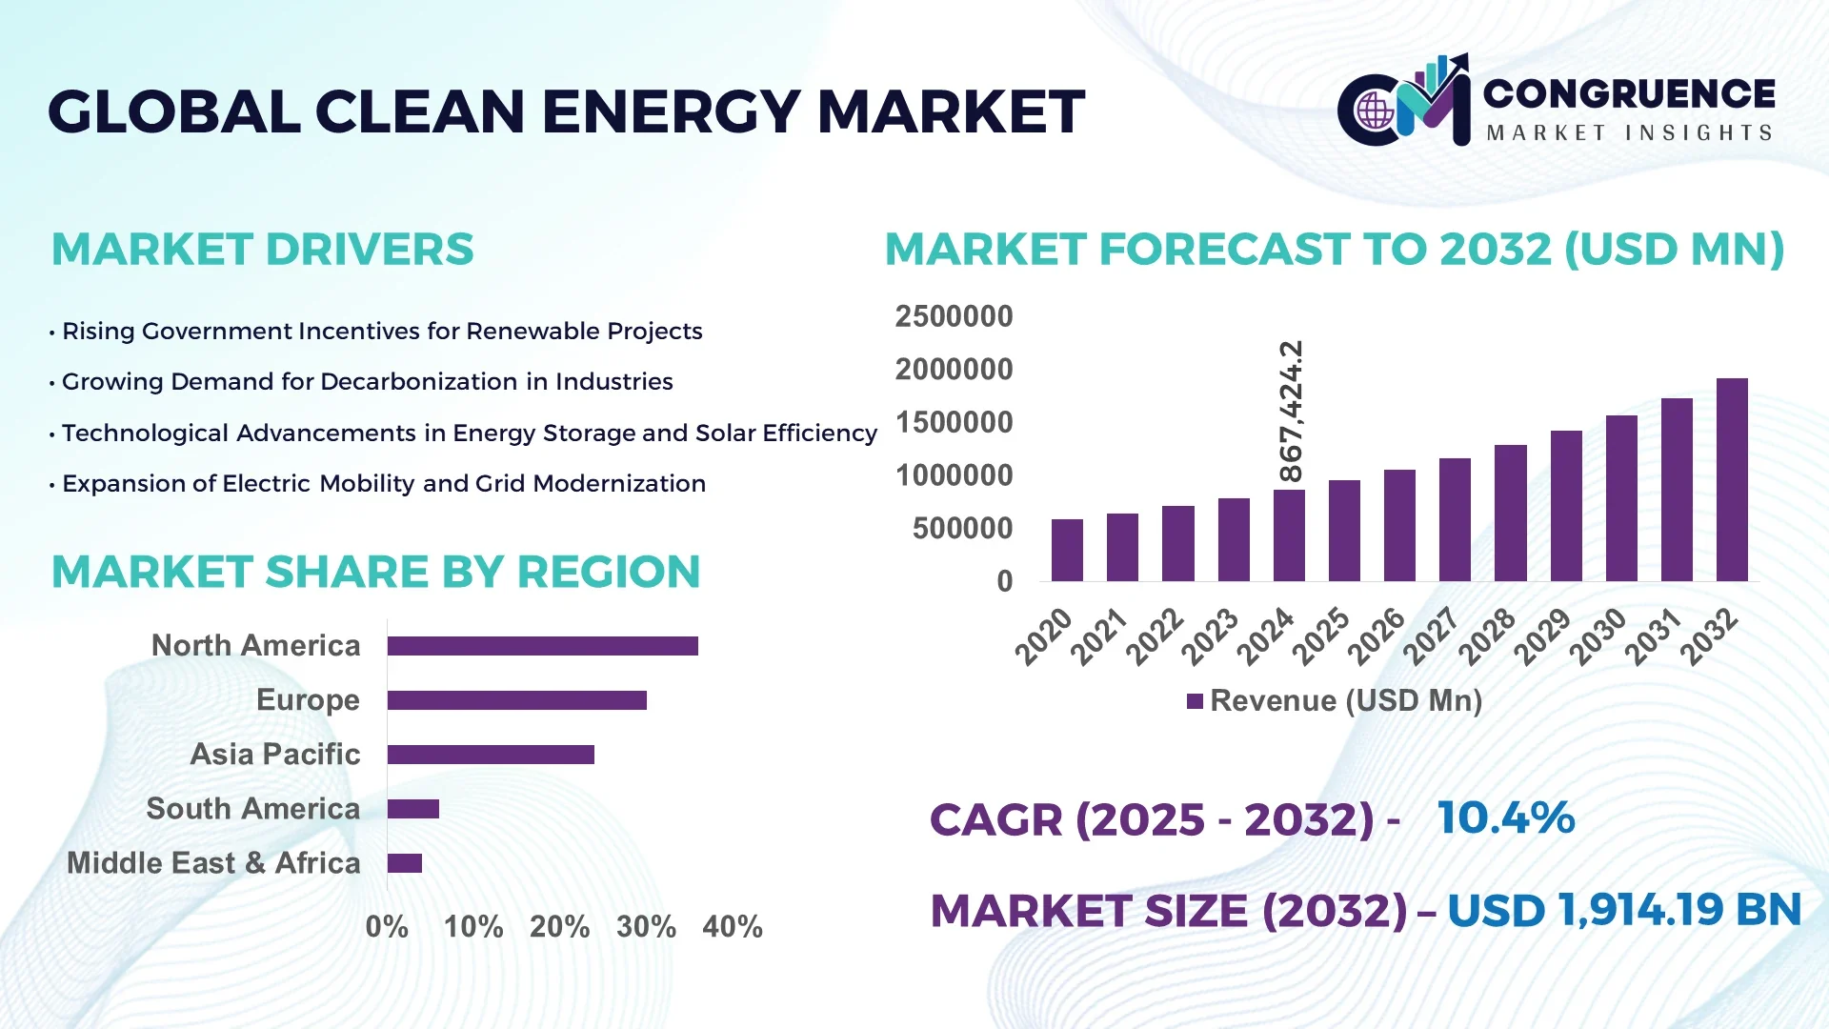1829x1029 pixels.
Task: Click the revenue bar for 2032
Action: [x=1732, y=480]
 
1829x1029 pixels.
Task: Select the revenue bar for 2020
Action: [x=1067, y=551]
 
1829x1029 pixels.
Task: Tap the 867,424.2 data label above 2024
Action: [x=1291, y=412]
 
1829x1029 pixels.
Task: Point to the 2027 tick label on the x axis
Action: [x=1431, y=636]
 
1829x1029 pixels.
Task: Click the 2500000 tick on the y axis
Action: [x=954, y=316]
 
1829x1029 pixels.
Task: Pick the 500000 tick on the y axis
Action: [x=962, y=528]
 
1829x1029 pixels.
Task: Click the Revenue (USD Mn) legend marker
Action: [x=1195, y=701]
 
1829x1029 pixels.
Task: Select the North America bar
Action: [x=542, y=646]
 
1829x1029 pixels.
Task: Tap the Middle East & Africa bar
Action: [x=404, y=863]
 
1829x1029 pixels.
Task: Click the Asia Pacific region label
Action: [x=275, y=755]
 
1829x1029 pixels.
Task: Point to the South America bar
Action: [x=412, y=809]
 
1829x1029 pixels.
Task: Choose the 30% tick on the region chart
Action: [x=646, y=926]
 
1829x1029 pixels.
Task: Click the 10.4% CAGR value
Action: [x=1505, y=817]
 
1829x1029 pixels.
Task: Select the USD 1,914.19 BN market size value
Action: [x=1623, y=910]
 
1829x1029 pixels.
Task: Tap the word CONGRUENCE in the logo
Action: [x=1629, y=93]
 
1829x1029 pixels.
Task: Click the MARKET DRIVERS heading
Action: [x=262, y=250]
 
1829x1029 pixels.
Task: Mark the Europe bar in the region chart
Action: [x=516, y=700]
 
